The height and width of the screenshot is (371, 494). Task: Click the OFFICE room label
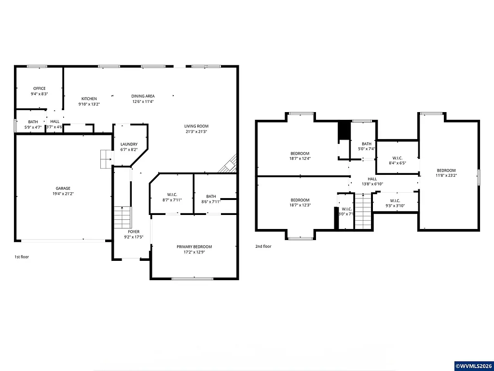pos(39,88)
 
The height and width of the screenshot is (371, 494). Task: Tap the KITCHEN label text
pos(89,99)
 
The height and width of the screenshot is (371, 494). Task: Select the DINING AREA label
pos(143,96)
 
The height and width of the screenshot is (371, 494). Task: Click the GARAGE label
pos(63,188)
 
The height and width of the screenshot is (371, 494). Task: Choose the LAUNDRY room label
pos(129,144)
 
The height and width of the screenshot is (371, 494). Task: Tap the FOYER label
pos(134,232)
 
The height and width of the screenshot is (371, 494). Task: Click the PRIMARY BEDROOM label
pos(194,247)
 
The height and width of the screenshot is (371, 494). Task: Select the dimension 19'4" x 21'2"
pos(63,194)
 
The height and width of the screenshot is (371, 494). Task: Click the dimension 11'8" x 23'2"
pos(446,175)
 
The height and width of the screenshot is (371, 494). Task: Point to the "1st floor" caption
pos(22,257)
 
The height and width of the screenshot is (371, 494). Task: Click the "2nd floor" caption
pos(263,246)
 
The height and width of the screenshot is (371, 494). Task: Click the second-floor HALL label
pos(372,179)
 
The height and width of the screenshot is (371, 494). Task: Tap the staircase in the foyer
pos(123,217)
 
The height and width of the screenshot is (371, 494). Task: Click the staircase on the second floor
pos(362,211)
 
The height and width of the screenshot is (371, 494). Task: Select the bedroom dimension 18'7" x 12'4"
pos(300,158)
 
